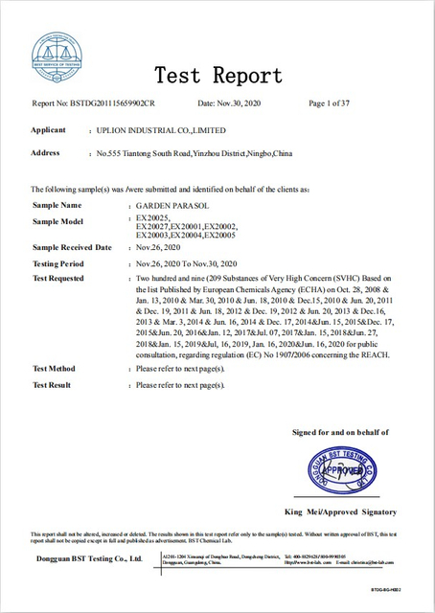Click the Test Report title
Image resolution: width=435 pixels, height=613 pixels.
218,76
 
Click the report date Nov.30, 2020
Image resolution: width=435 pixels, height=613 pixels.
240,102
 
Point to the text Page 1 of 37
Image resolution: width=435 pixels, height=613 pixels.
330,102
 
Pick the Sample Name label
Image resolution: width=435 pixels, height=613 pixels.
57,205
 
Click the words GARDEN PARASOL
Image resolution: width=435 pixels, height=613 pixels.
168,206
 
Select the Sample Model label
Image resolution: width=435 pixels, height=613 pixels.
58,221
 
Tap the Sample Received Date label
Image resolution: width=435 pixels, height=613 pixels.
72,247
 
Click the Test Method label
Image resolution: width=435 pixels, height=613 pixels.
54,368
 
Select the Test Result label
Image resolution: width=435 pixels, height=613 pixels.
52,384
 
